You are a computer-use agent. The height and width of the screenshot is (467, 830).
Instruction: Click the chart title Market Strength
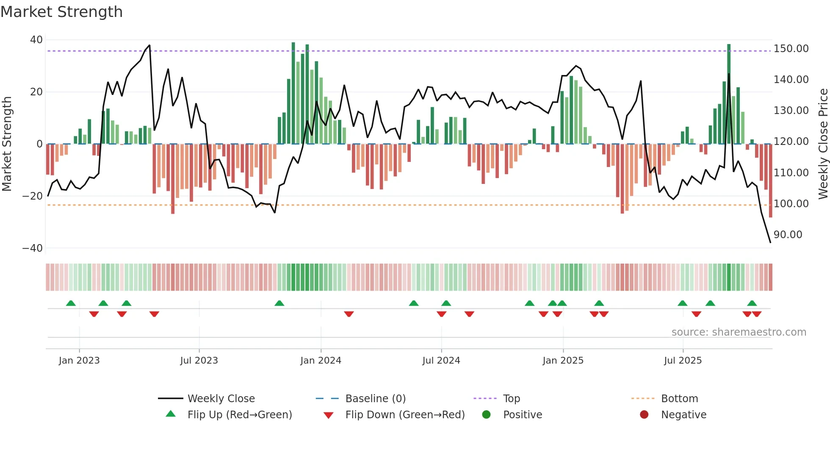pyautogui.click(x=61, y=12)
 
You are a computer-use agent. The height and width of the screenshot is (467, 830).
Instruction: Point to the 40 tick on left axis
pyautogui.click(x=36, y=40)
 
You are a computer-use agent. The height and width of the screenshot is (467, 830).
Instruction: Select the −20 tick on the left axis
pyautogui.click(x=33, y=196)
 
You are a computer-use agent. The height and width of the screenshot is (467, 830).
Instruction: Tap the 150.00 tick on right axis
pyautogui.click(x=791, y=49)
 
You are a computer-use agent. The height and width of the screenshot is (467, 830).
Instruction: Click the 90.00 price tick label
pyautogui.click(x=788, y=235)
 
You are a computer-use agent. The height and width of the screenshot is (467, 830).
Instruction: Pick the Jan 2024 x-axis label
pyautogui.click(x=321, y=361)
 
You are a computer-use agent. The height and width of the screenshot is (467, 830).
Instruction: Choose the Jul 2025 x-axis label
pyautogui.click(x=683, y=361)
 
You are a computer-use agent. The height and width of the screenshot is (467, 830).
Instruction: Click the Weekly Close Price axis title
pyautogui.click(x=823, y=144)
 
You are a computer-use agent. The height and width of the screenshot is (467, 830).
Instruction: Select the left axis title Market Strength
pyautogui.click(x=7, y=144)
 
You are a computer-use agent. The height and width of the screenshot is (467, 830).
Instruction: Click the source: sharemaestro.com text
pyautogui.click(x=739, y=332)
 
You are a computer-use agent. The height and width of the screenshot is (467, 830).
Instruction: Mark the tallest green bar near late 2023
pyautogui.click(x=293, y=93)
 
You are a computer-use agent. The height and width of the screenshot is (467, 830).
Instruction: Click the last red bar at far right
pyautogui.click(x=770, y=181)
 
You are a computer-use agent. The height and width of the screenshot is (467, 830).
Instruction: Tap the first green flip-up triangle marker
pyautogui.click(x=71, y=303)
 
